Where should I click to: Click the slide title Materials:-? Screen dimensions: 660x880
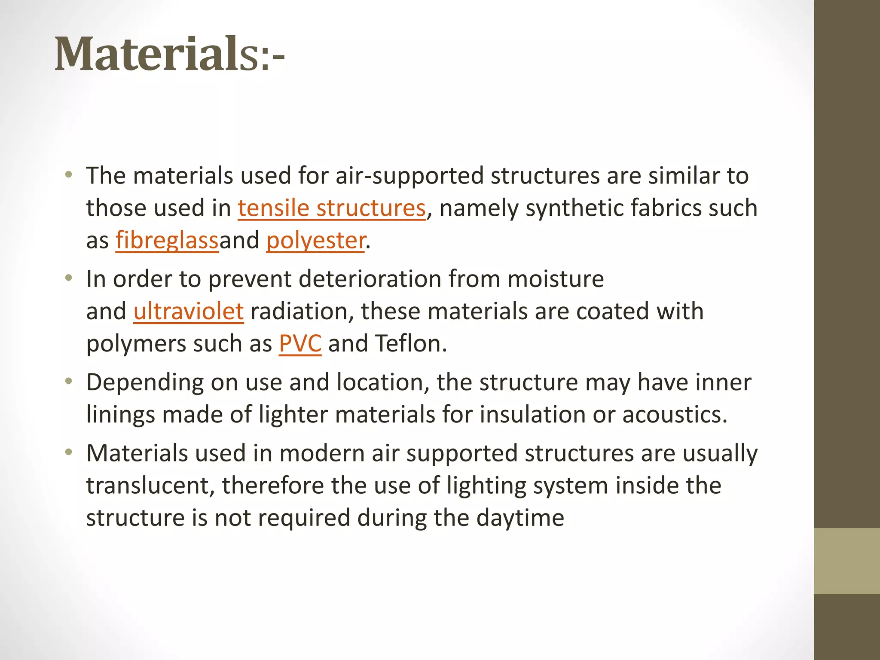point(169,55)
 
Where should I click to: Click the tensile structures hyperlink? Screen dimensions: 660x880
point(332,208)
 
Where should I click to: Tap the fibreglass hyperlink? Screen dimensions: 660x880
point(167,240)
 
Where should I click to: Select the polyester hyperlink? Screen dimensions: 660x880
point(316,240)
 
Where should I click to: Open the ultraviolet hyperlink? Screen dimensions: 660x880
point(189,311)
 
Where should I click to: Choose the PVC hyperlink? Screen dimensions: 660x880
point(300,344)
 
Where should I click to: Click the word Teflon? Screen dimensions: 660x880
point(411,344)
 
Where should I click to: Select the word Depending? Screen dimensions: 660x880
point(145,382)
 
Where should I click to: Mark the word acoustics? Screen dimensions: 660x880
point(674,415)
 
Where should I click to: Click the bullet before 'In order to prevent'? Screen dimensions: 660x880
point(68,278)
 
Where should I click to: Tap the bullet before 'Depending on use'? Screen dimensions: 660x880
point(68,382)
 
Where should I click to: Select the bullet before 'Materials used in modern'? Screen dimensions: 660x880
point(68,452)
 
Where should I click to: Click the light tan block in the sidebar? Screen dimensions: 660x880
point(846,561)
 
